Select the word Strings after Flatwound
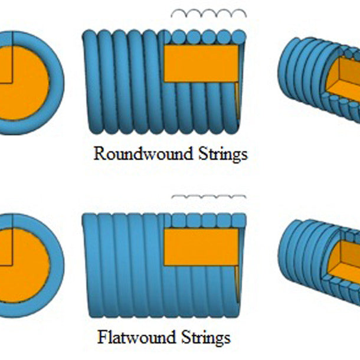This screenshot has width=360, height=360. coord(206,338)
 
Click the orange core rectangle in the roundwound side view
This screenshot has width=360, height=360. coord(201,63)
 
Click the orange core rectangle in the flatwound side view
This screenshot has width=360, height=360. coord(201,247)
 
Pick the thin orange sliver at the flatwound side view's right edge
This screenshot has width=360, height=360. coord(237,286)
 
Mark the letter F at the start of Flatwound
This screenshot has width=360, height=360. coord(102,338)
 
